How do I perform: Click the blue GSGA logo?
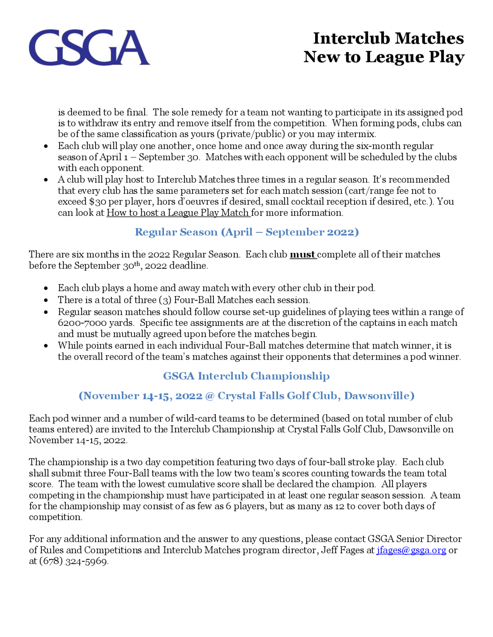click(x=89, y=47)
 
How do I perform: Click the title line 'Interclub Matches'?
click(x=388, y=38)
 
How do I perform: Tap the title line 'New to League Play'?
click(x=384, y=57)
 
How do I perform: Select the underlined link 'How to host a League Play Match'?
click(x=178, y=213)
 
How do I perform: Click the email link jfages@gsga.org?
click(x=411, y=550)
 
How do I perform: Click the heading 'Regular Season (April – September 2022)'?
click(x=246, y=232)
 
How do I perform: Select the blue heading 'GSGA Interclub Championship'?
click(x=246, y=376)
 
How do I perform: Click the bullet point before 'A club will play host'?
click(x=46, y=180)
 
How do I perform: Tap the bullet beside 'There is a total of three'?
click(x=46, y=300)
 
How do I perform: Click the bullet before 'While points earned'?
click(x=46, y=346)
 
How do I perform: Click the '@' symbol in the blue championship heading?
click(x=210, y=396)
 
